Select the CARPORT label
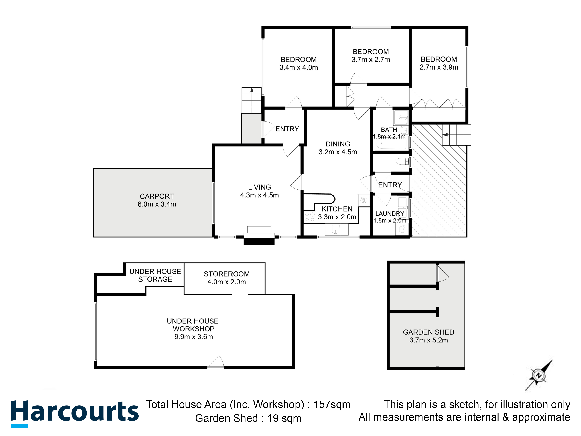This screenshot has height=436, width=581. (x=157, y=196)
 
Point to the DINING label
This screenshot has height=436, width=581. (x=338, y=144)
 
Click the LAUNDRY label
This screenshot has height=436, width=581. (x=390, y=214)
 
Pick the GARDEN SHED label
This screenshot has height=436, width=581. (x=428, y=332)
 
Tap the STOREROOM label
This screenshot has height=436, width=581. (x=227, y=274)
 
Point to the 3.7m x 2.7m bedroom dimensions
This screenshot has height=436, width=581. (x=371, y=60)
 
